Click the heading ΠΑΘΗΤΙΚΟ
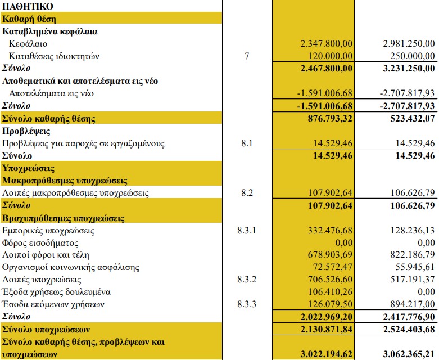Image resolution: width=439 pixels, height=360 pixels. [28, 7]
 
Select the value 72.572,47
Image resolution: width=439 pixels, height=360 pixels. [332, 267]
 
